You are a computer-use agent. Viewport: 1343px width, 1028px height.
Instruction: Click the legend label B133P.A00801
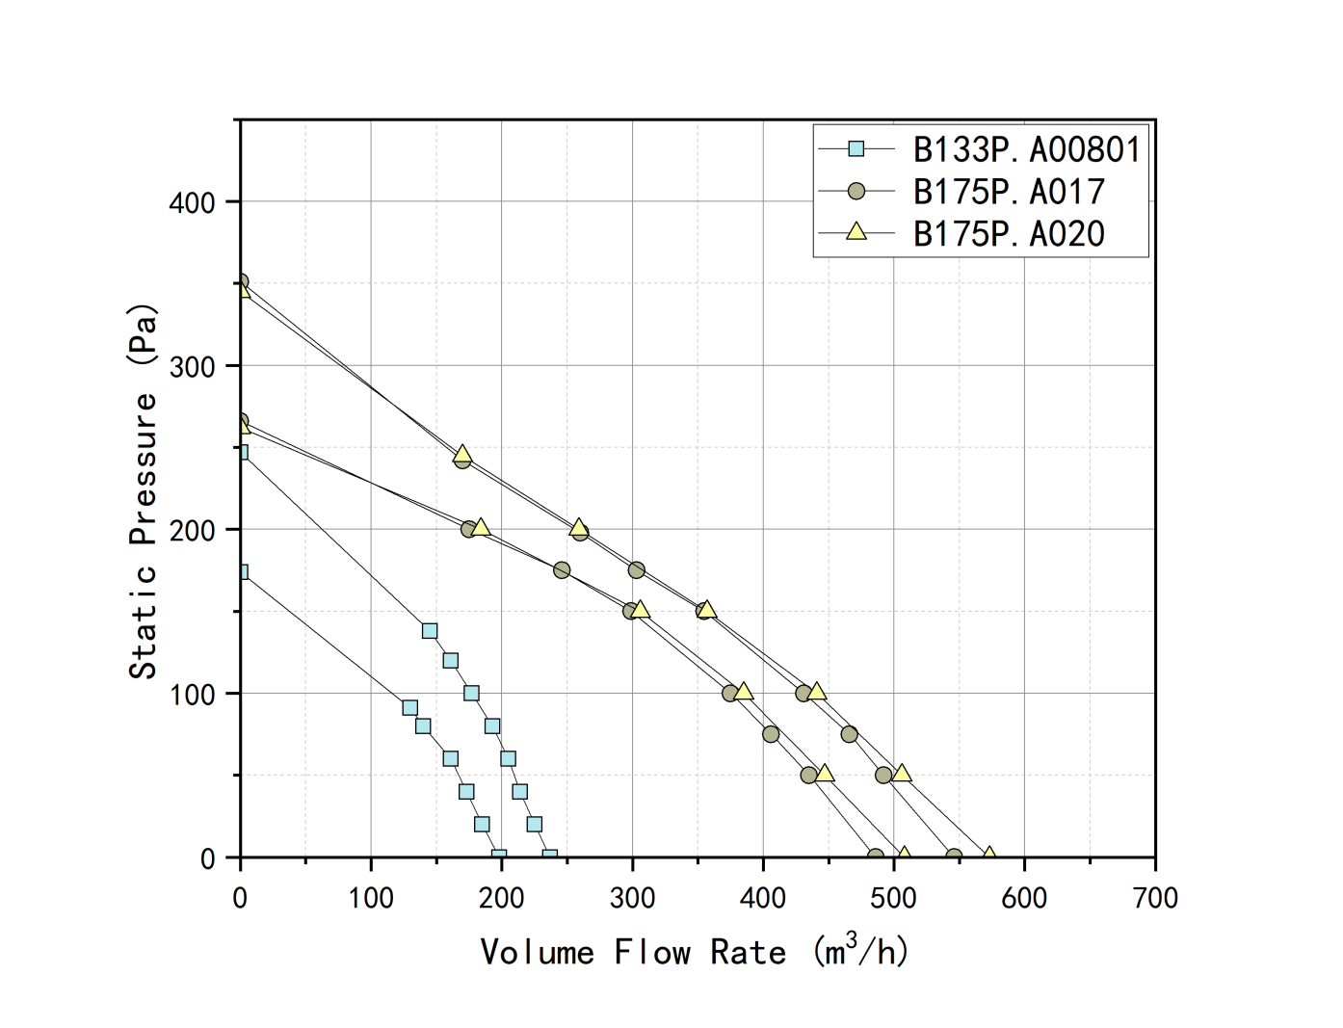click(x=1026, y=149)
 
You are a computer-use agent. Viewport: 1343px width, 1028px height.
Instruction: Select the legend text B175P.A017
click(x=1008, y=192)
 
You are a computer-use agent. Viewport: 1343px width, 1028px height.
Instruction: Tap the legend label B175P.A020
click(x=1008, y=234)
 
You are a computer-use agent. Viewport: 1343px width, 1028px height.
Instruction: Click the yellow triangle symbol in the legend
click(x=856, y=232)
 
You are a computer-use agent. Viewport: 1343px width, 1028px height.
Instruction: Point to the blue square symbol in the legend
click(x=856, y=148)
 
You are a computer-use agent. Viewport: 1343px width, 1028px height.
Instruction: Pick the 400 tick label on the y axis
click(x=192, y=202)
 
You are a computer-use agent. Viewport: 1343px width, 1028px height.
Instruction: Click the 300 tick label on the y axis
click(x=192, y=366)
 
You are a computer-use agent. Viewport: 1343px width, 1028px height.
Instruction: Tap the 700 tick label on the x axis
click(x=1155, y=898)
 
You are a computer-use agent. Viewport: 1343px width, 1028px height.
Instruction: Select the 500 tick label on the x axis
click(x=893, y=898)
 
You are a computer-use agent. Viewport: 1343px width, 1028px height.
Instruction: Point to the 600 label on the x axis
click(x=1024, y=898)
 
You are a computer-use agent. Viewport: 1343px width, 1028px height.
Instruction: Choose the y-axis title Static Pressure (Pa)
click(x=143, y=491)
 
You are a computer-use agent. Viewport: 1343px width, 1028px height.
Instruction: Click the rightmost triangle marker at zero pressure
click(x=988, y=856)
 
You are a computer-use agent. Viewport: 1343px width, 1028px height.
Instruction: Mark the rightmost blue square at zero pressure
click(x=549, y=857)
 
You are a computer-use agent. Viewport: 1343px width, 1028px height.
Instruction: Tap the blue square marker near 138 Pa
click(x=430, y=631)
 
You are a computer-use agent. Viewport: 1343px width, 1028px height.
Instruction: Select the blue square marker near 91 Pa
click(x=409, y=708)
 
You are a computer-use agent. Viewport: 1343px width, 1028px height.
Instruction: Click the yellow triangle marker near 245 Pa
click(x=462, y=454)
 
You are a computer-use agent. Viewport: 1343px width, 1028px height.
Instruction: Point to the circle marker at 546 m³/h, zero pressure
click(x=954, y=857)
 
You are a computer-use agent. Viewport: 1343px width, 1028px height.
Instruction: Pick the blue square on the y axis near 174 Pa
click(x=242, y=572)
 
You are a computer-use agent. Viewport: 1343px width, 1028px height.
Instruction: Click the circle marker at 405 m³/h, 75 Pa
click(x=771, y=734)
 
